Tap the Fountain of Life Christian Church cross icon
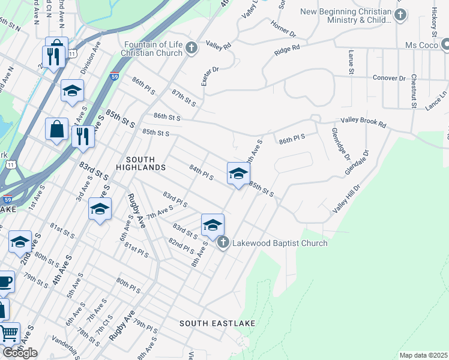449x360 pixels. (191, 48)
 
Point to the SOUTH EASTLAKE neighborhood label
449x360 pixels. (217, 323)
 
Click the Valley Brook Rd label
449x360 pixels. (364, 121)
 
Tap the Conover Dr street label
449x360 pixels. (390, 78)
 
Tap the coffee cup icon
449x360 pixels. (4, 281)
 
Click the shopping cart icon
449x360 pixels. (8, 333)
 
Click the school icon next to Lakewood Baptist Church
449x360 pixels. (212, 225)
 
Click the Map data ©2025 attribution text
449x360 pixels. (424, 355)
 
